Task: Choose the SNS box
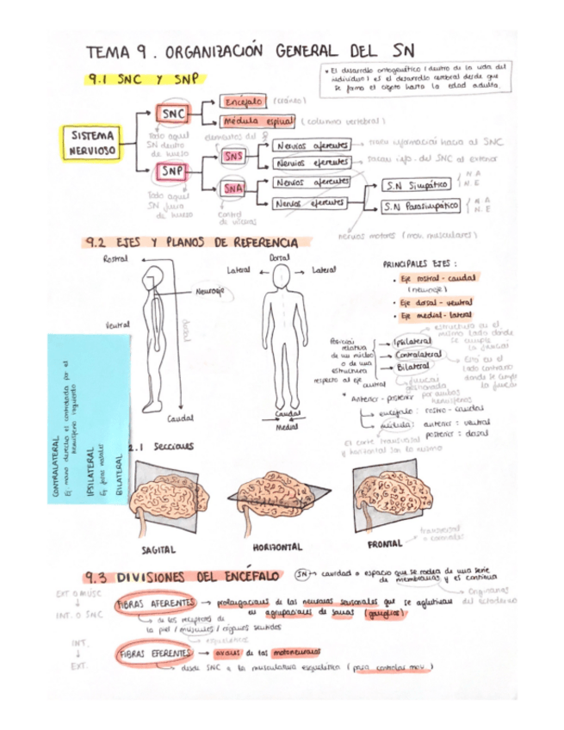tap(233, 158)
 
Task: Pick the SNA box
tap(233, 188)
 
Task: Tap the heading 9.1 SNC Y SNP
tap(142, 79)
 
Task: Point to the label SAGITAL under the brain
tap(158, 548)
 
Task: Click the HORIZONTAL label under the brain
tap(277, 547)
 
